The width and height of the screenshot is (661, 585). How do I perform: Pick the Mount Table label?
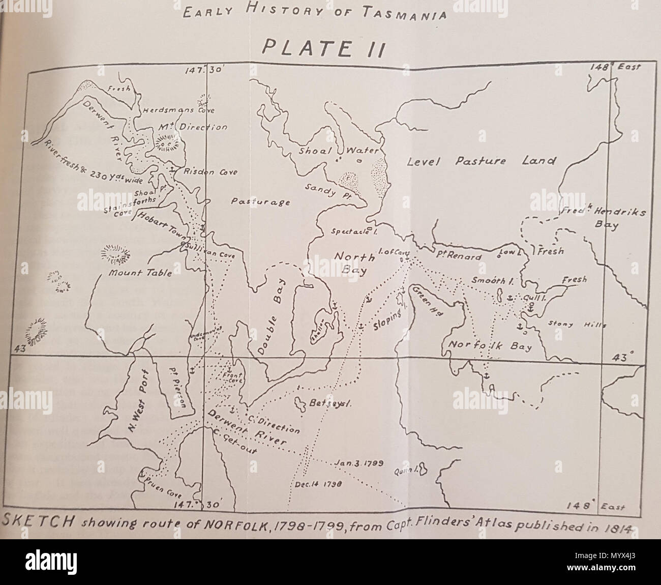pos(140,273)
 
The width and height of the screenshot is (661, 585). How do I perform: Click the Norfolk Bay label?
pos(489,346)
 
